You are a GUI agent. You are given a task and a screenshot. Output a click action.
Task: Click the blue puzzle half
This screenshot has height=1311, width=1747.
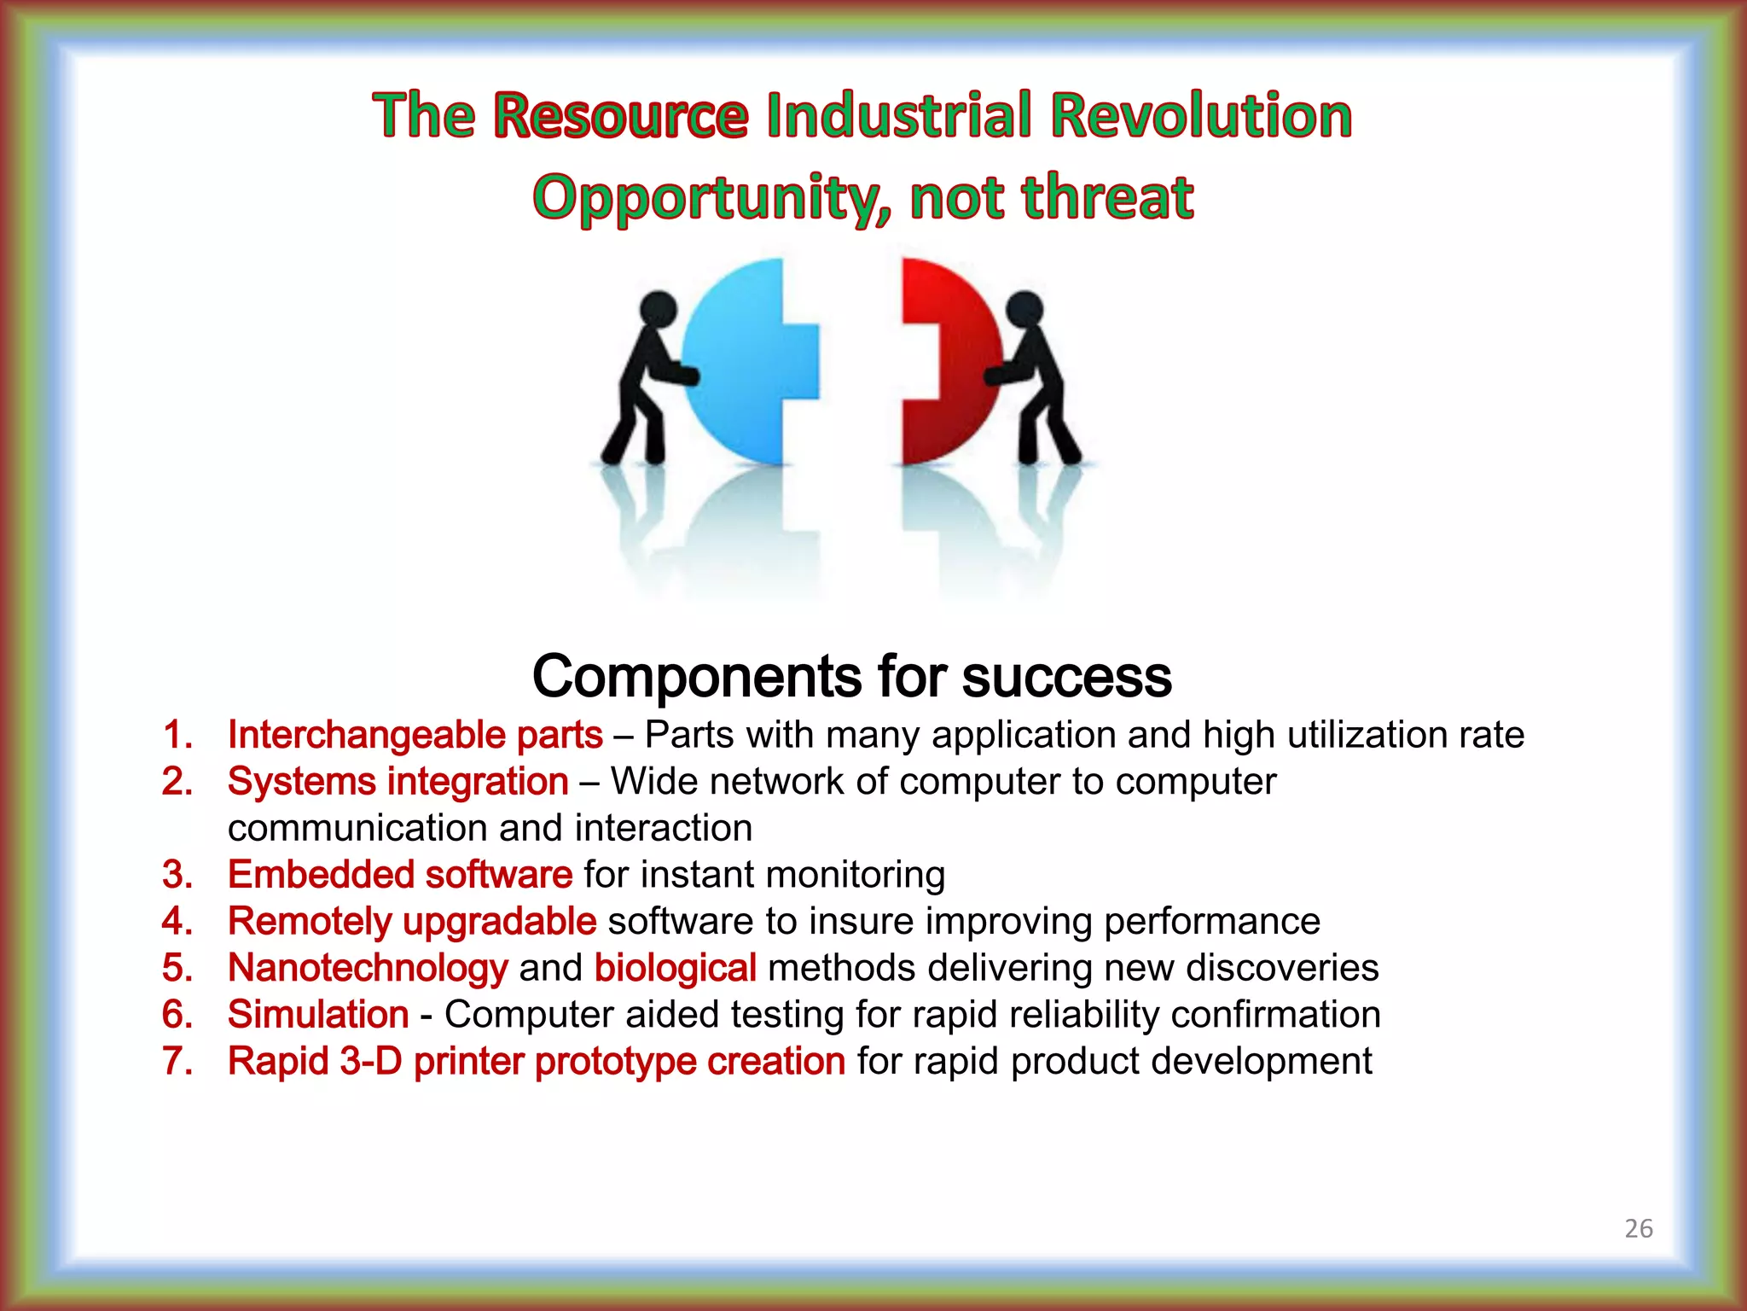tap(742, 367)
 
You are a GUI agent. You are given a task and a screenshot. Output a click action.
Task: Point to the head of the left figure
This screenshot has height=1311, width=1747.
tap(658, 307)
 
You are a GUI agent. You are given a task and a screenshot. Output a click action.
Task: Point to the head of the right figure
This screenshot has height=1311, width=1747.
tap(1024, 307)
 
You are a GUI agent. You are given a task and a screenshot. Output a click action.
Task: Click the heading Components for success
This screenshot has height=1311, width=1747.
tap(851, 676)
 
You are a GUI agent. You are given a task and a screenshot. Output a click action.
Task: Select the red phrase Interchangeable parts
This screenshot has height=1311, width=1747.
tap(415, 735)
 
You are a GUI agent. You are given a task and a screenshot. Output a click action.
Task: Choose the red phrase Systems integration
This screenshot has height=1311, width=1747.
tap(398, 782)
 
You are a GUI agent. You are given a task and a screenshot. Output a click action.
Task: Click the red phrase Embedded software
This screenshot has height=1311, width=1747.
tap(399, 875)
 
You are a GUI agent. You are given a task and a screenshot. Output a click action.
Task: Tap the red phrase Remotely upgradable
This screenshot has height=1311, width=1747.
tap(411, 922)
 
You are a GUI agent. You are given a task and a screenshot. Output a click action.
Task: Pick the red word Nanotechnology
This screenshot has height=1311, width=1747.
tap(368, 968)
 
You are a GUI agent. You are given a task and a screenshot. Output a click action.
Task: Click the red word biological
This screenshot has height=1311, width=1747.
tap(675, 968)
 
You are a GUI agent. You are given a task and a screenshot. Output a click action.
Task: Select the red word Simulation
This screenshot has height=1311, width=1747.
tap(318, 1015)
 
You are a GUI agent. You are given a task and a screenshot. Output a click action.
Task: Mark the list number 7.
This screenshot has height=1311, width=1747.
tap(177, 1062)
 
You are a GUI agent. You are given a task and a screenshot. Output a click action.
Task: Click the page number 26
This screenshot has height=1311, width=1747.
tap(1638, 1228)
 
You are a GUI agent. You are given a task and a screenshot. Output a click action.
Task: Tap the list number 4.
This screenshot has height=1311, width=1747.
tap(177, 922)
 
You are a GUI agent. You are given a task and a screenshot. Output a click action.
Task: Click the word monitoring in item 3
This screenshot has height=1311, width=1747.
tap(855, 875)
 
